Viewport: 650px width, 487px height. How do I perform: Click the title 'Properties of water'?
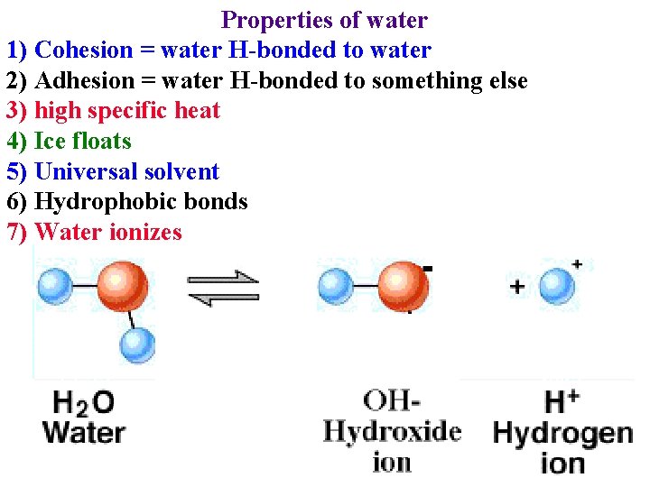[x=324, y=19]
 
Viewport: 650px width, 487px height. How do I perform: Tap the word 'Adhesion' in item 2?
[x=83, y=80]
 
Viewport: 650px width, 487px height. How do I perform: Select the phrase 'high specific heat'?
[x=126, y=111]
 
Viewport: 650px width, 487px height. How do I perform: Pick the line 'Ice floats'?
[x=82, y=142]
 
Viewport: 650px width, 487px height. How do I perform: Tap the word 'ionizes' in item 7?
[x=145, y=233]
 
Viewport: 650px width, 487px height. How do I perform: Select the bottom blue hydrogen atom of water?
[x=137, y=345]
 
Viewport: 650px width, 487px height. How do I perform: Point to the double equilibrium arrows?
[x=223, y=288]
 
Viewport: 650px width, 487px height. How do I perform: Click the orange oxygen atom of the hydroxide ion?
[x=403, y=287]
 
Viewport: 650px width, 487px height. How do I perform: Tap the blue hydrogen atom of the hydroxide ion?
[x=335, y=287]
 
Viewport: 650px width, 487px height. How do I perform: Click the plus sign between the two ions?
[x=516, y=287]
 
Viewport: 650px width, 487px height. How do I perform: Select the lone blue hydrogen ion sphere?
[x=557, y=287]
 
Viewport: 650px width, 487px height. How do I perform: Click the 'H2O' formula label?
[x=83, y=402]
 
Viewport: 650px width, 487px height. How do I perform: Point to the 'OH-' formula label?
[x=392, y=400]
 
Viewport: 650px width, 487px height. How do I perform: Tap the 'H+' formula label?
[x=562, y=401]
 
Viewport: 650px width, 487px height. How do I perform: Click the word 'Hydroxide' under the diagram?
[x=392, y=431]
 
